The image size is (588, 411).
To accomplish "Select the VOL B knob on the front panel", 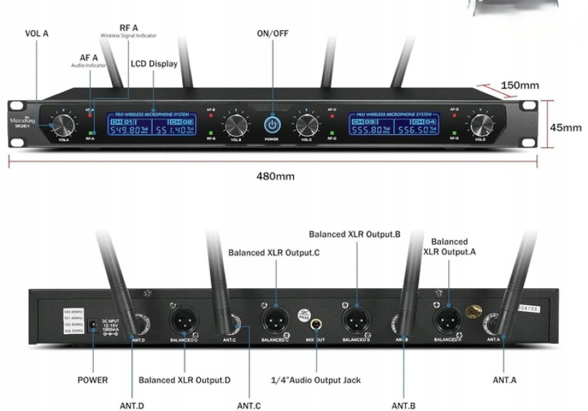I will point(235,125).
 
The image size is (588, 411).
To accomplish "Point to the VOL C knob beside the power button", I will point(306,125).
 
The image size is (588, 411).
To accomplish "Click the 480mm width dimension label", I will point(275,176).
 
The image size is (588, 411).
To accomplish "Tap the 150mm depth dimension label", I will point(519,86).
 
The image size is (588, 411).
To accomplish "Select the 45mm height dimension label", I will point(566,128).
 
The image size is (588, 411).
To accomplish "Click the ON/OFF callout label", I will point(273,33).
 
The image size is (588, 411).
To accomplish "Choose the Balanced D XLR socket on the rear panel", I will point(184,317).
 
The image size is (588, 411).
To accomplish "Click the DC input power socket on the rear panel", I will point(92,328).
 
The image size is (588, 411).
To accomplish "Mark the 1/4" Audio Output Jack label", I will point(316,379).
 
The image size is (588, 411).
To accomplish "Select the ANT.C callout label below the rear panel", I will point(248,406).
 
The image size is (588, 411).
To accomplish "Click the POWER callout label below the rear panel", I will point(93,379).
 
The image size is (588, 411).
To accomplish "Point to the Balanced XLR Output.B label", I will point(354,234).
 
